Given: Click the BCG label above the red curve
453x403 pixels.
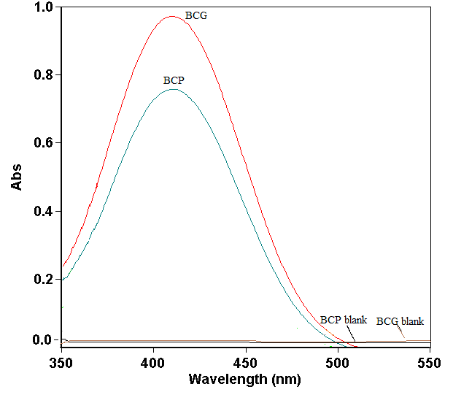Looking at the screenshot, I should pos(196,15).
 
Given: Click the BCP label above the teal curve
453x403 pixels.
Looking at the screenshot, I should pos(174,80).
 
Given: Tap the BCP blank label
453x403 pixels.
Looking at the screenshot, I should pos(343,321).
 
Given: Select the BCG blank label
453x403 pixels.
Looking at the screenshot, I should pos(400,321).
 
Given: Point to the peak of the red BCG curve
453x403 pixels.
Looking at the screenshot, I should pos(172,16).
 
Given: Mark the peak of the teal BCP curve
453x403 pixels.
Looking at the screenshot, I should pos(173,89).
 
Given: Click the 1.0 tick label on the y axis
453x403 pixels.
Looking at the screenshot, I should pos(43,7).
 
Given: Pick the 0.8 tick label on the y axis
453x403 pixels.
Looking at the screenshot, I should pos(43,75).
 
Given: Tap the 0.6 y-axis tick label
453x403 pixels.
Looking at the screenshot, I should pos(43,143).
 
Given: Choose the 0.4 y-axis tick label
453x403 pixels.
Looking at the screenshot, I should pos(43,212).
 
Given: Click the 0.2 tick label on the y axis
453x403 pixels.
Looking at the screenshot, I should pos(43,280).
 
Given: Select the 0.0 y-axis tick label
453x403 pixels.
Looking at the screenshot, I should pos(43,340).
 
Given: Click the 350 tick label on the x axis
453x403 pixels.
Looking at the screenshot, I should pos(62,362).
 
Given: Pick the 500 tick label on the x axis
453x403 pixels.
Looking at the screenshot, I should pos(338,362).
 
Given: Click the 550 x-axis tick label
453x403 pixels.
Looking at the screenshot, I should pos(430,362).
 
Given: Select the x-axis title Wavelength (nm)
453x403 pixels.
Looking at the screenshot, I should pos(244,380).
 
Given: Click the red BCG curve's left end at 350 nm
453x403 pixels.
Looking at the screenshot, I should pos(63,265).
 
